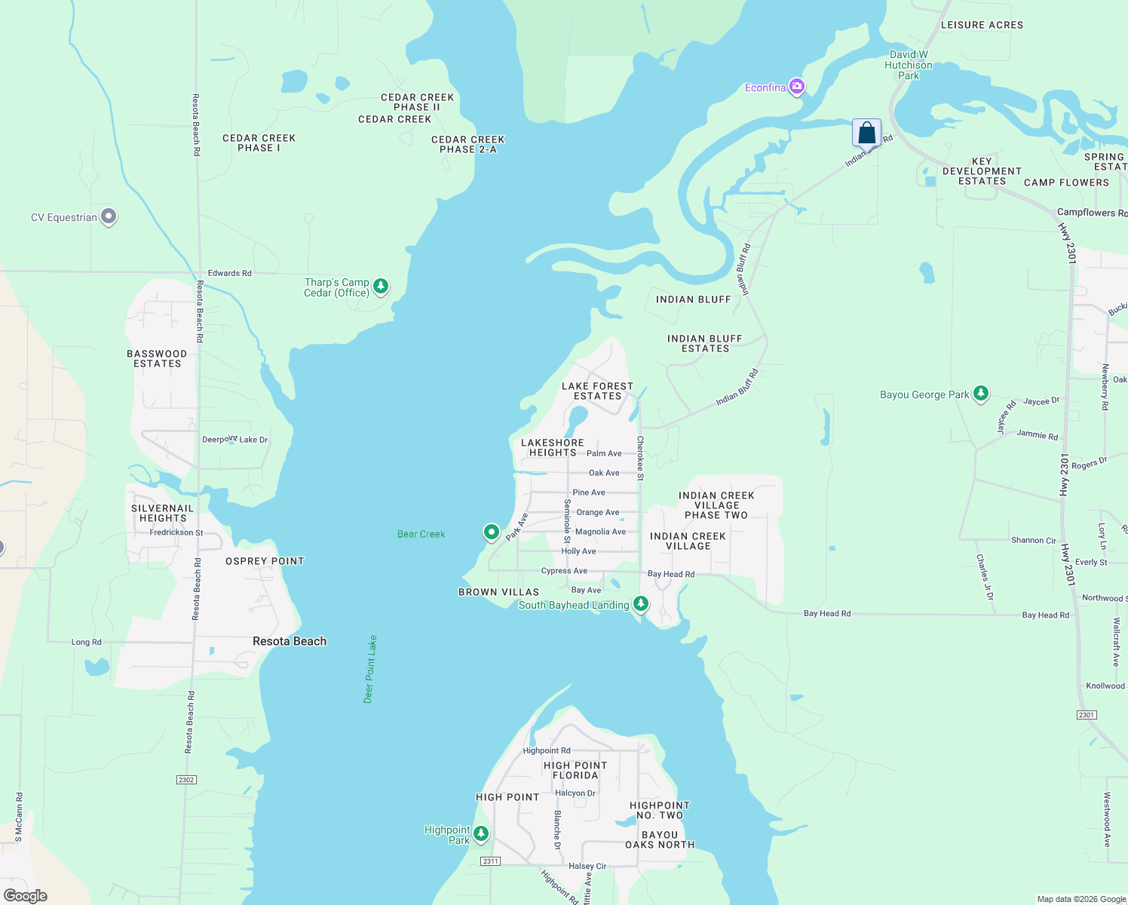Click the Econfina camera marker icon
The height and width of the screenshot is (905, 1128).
pos(796,87)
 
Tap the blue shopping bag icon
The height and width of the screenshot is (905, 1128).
pos(866,133)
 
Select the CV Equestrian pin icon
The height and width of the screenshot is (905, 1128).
pos(109,216)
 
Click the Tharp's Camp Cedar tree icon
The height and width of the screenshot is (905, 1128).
pos(381,286)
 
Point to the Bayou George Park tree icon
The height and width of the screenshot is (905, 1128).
pos(980,393)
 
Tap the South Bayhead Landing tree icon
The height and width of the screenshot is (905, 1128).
pos(640,603)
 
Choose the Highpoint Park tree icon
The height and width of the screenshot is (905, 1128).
pos(481,833)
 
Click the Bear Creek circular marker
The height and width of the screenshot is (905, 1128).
pos(491,532)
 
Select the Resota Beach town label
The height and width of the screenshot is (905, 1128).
pos(290,641)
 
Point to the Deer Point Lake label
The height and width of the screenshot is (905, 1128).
pos(369,669)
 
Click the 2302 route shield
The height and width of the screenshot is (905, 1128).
pos(186,779)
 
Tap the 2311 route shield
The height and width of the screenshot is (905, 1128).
pos(490,861)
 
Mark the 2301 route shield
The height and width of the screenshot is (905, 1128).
pos(1086,714)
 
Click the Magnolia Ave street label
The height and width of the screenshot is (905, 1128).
pos(600,532)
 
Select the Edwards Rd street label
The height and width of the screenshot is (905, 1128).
pos(229,273)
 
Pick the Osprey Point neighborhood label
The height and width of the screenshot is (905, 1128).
pos(265,561)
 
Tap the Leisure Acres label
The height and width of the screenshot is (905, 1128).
pos(982,25)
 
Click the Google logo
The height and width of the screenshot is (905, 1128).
pos(25,896)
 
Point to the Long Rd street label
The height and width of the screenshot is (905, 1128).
pos(86,642)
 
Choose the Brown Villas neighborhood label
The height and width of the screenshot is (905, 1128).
pos(498,592)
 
